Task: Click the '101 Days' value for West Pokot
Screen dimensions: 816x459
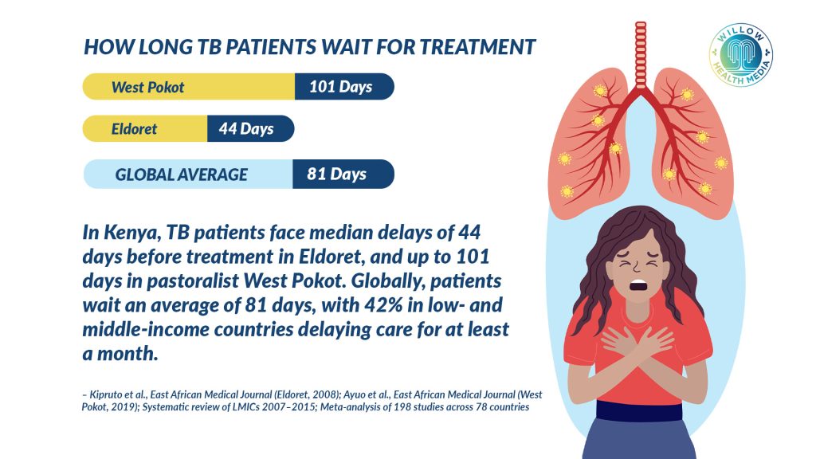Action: pos(341,86)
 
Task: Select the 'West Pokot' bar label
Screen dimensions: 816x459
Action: pos(147,87)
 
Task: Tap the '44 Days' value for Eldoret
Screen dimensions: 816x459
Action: pos(246,128)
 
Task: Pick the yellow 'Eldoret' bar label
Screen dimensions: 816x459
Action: pos(134,128)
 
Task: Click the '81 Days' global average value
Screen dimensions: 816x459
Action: pos(337,174)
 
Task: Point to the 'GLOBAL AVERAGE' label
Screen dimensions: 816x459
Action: pos(181,175)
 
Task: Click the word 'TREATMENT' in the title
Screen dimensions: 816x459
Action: pos(477,47)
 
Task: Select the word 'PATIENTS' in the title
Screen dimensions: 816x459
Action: pos(270,47)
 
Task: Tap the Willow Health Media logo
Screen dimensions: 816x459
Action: pos(740,55)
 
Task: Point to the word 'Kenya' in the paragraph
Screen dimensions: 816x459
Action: pos(131,233)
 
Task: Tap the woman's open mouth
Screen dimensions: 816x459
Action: pos(638,285)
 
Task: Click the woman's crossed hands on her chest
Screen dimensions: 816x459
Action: pos(637,343)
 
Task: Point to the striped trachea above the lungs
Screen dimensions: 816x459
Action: pos(641,55)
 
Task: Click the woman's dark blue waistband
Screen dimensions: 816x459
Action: pos(639,410)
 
